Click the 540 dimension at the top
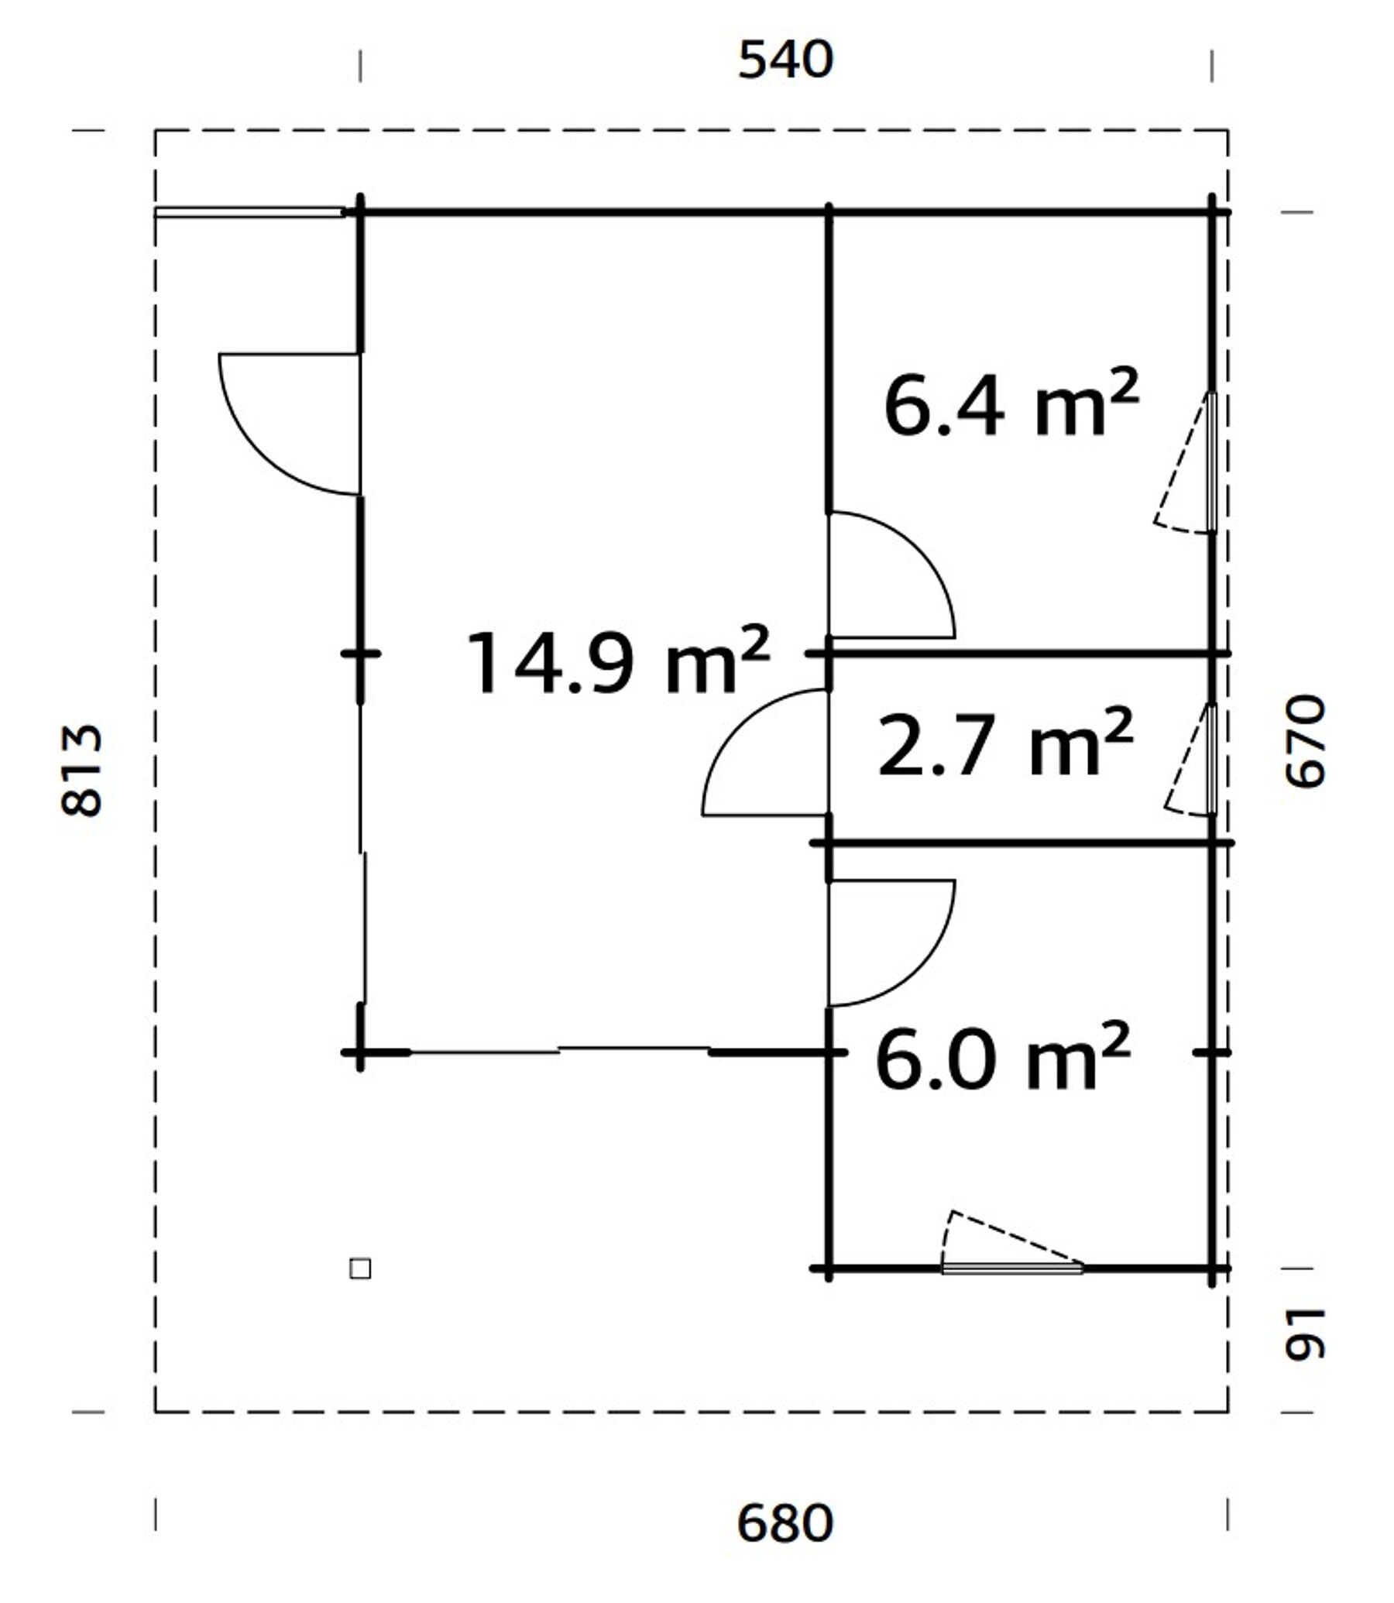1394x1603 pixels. pos(785,60)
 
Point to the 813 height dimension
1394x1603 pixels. pos(81,771)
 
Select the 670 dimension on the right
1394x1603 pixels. pos(1304,742)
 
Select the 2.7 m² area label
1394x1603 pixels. pos(1005,742)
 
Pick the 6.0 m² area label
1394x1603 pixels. pos(1003,1056)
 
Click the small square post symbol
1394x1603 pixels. pos(360,1268)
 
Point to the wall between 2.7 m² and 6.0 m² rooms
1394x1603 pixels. pos(1022,843)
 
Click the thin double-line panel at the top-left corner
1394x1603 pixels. pos(249,212)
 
